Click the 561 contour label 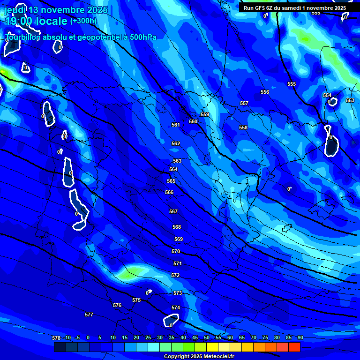(x=176, y=125)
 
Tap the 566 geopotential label (x=169, y=192)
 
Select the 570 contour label (x=176, y=251)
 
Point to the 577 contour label (x=89, y=315)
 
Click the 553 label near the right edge (x=350, y=100)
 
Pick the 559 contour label (x=205, y=114)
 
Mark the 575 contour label (x=136, y=300)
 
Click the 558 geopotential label (x=243, y=127)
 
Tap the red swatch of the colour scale (x=294, y=347)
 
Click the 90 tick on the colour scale (x=300, y=337)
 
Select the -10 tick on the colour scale (x=67, y=337)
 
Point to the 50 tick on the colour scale (x=207, y=337)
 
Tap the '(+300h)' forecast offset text (x=83, y=21)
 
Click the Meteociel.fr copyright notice (x=199, y=356)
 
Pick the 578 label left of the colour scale (x=56, y=337)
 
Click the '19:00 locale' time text (x=36, y=21)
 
